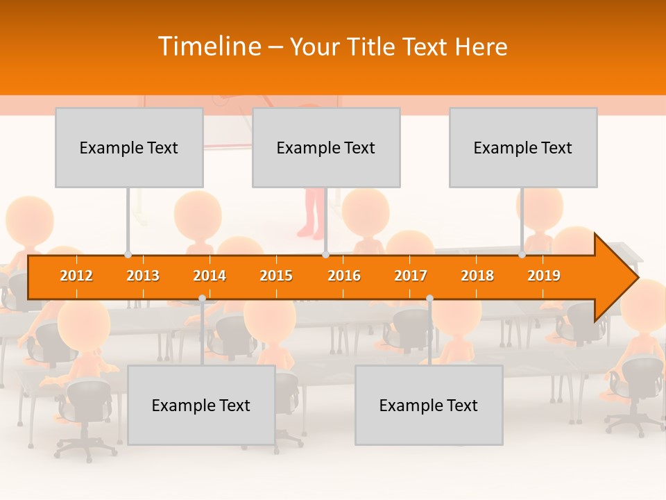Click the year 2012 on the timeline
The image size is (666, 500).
(x=76, y=276)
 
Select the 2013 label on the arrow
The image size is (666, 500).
(x=143, y=276)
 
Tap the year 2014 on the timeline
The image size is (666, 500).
(x=210, y=276)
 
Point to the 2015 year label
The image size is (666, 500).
(x=276, y=276)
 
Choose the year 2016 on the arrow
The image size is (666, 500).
(x=344, y=276)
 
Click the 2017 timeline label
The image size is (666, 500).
(x=411, y=276)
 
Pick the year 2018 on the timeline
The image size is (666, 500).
(x=477, y=276)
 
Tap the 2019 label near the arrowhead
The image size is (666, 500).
(x=544, y=276)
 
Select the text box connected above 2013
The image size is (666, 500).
(x=129, y=147)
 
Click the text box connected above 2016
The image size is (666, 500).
(x=326, y=147)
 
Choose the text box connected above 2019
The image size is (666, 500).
(x=523, y=147)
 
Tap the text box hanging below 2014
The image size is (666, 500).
(x=201, y=405)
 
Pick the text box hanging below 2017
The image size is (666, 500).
(x=429, y=405)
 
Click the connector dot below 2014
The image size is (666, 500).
(x=202, y=299)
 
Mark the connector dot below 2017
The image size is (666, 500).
(x=429, y=299)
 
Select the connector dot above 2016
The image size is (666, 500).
(x=325, y=255)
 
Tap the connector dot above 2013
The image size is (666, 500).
(x=128, y=255)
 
